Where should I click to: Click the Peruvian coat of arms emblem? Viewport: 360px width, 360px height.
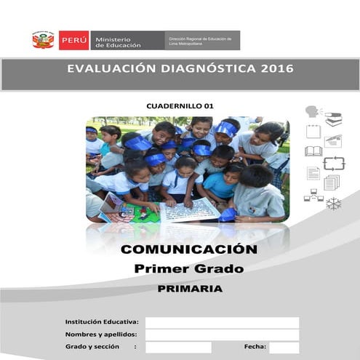[x=43, y=40]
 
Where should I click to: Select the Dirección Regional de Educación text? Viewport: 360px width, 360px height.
[x=199, y=38]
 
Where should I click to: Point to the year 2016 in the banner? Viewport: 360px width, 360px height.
[x=276, y=70]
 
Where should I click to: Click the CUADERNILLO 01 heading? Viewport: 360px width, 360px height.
[x=180, y=106]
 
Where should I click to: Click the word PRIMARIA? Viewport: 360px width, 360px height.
[x=189, y=288]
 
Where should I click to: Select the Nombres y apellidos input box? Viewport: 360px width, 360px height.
[x=222, y=335]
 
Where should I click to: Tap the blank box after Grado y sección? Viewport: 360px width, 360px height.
[x=178, y=347]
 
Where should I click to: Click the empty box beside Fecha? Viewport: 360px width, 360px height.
[x=284, y=347]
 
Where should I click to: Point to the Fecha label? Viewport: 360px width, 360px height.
[x=255, y=347]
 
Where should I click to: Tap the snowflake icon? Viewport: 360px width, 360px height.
[x=334, y=204]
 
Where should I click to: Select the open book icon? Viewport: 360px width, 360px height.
[x=313, y=151]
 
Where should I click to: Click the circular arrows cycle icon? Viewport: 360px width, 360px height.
[x=334, y=163]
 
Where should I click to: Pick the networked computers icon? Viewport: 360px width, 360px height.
[x=313, y=195]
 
